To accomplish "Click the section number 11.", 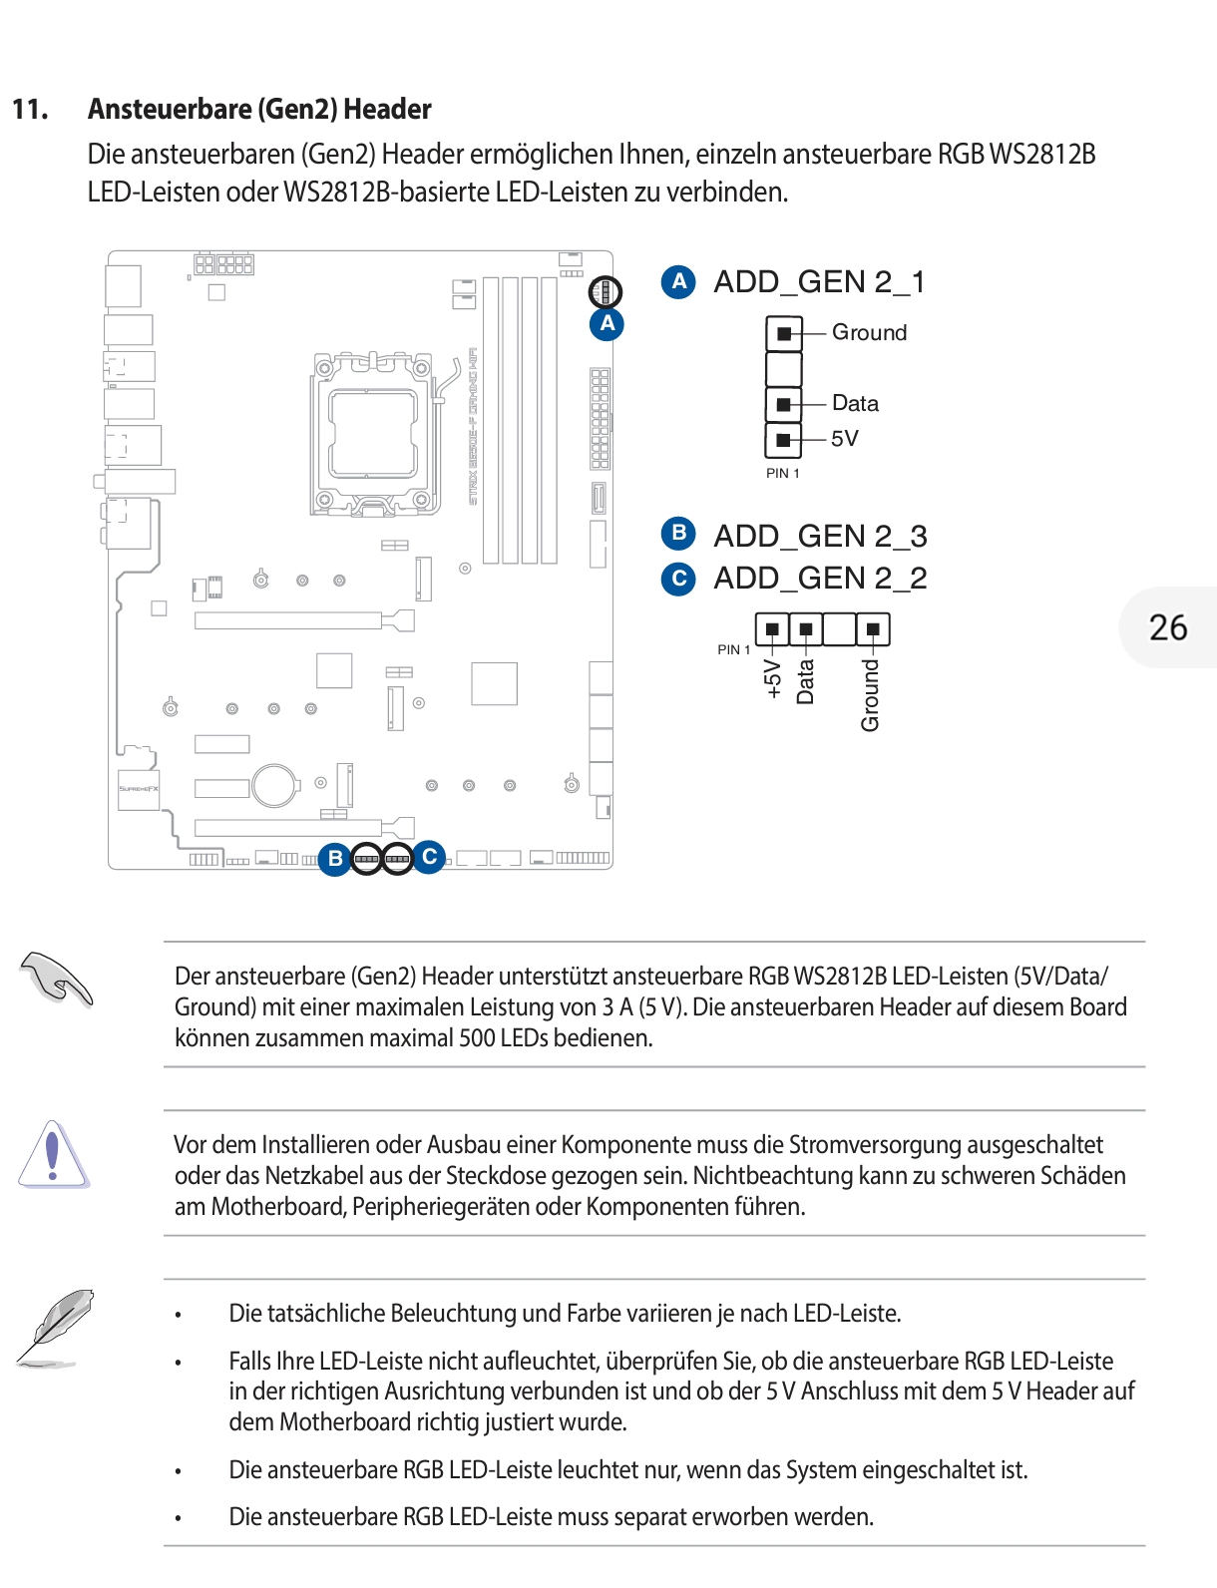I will tap(30, 110).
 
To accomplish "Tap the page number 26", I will tap(1168, 627).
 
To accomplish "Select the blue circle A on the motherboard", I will tap(607, 324).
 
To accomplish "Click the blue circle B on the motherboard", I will tap(335, 858).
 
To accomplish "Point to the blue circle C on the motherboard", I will tap(430, 856).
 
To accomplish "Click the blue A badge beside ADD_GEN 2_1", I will tap(678, 281).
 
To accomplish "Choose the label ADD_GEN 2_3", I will tap(820, 537).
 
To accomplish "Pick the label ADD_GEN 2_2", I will tap(820, 579).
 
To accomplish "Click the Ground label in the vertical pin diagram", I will tap(869, 333).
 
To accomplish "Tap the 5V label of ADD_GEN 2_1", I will tap(844, 439).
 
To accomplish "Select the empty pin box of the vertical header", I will tap(784, 369).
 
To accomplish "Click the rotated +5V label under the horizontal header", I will tap(772, 678).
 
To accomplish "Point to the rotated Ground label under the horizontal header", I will tap(871, 695).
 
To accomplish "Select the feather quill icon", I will tap(56, 1327).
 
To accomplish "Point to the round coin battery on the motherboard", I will tap(274, 785).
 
